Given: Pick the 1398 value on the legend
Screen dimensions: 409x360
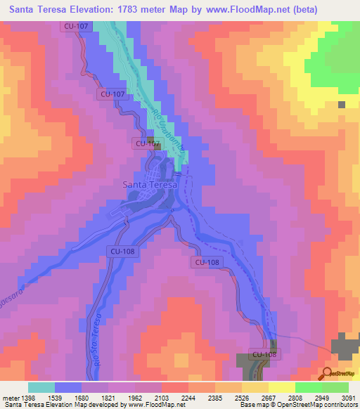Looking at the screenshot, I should coord(28,398).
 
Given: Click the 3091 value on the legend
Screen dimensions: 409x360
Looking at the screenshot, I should coord(348,398).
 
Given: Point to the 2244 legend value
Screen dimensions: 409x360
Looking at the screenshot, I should coord(188,398).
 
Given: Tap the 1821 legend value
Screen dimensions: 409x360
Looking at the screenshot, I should coord(108,398).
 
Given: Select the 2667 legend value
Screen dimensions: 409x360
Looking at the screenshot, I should coord(268,398).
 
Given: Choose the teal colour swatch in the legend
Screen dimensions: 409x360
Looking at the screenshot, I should coord(41,387).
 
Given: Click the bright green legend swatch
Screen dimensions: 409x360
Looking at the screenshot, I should coord(308,387).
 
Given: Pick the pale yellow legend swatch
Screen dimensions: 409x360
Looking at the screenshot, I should coord(281,387).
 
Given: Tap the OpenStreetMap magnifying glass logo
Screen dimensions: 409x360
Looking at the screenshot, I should coord(326,373).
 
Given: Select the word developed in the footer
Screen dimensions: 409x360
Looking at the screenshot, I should coord(103,405).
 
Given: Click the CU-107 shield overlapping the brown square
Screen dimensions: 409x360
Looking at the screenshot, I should coord(147,144).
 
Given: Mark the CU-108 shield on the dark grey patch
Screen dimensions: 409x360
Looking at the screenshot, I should coord(264,354).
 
